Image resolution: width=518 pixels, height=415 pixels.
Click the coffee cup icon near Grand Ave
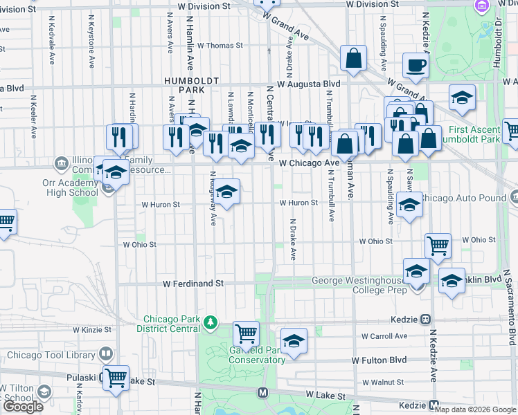tap(415, 66)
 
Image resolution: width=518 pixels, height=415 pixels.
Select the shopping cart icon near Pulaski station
tap(116, 378)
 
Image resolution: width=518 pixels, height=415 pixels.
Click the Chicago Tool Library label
tap(51, 355)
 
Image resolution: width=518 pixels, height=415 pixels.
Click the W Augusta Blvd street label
tap(308, 84)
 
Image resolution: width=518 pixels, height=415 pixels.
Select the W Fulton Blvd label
tap(379, 360)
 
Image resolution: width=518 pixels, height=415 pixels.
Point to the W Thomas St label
tap(220, 46)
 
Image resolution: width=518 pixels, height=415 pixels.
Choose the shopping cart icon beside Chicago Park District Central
tap(246, 334)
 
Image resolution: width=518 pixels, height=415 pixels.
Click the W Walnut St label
tap(383, 382)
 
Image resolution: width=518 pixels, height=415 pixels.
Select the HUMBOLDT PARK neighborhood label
tap(184, 85)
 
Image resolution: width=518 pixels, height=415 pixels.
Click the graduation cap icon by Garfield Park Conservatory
tap(294, 340)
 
